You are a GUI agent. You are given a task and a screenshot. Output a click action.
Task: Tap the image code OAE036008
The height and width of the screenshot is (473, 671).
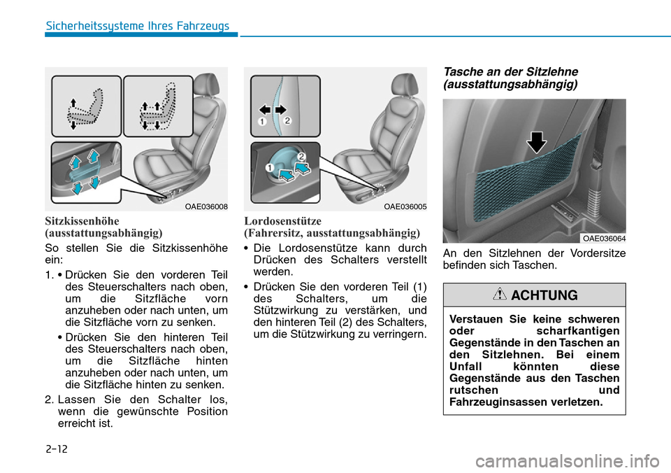206,206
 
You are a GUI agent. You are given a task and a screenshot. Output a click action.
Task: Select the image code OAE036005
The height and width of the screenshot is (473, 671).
405,206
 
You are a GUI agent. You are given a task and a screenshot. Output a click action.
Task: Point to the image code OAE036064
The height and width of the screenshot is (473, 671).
604,239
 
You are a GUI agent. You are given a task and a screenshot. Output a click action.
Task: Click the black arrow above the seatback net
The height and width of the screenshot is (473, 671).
537,142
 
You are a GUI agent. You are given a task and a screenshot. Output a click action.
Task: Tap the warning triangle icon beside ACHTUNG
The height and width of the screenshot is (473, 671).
500,295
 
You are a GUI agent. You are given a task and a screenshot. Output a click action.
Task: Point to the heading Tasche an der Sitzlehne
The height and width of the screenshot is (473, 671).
510,72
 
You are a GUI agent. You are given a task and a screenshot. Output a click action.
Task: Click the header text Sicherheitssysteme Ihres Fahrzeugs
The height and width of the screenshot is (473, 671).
138,27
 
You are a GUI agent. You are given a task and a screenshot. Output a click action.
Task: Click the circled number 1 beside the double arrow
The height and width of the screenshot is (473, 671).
260,122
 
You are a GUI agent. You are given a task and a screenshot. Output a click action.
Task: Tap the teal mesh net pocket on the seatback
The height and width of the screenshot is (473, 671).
532,189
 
